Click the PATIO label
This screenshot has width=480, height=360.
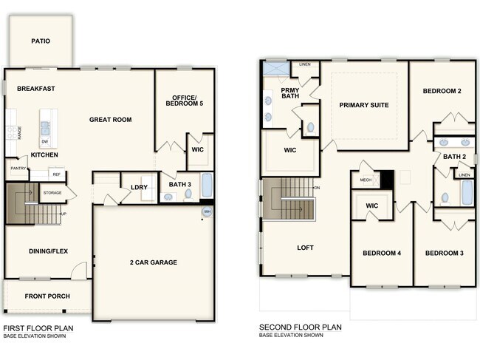pyautogui.click(x=41, y=41)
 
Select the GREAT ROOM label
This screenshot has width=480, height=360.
pyautogui.click(x=111, y=120)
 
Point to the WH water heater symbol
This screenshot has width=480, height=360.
pyautogui.click(x=208, y=211)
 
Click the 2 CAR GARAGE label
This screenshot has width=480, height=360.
pyautogui.click(x=154, y=262)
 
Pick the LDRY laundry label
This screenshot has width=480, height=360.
pyautogui.click(x=139, y=187)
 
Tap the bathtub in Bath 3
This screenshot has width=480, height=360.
pyautogui.click(x=206, y=185)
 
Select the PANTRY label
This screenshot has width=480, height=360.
pyautogui.click(x=18, y=169)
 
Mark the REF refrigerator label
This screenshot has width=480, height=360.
pyautogui.click(x=55, y=175)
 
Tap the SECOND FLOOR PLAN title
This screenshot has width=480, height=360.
pyautogui.click(x=300, y=327)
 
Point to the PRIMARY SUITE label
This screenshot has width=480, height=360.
pyautogui.click(x=363, y=105)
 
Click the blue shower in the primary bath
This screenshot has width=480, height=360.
pyautogui.click(x=276, y=69)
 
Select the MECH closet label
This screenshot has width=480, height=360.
pyautogui.click(x=366, y=179)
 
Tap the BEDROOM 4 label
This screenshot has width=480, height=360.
pyautogui.click(x=381, y=254)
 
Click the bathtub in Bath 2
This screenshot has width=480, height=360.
pyautogui.click(x=466, y=193)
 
